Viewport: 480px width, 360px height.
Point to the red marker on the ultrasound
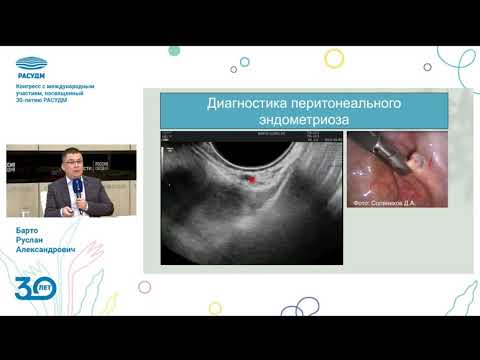pyautogui.click(x=252, y=181)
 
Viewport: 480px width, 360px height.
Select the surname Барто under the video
pyautogui.click(x=29, y=233)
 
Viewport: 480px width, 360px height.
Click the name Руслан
pyautogui.click(x=32, y=244)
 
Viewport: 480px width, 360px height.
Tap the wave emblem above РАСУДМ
pyautogui.click(x=37, y=63)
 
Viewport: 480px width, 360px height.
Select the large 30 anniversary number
pyautogui.click(x=28, y=289)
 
